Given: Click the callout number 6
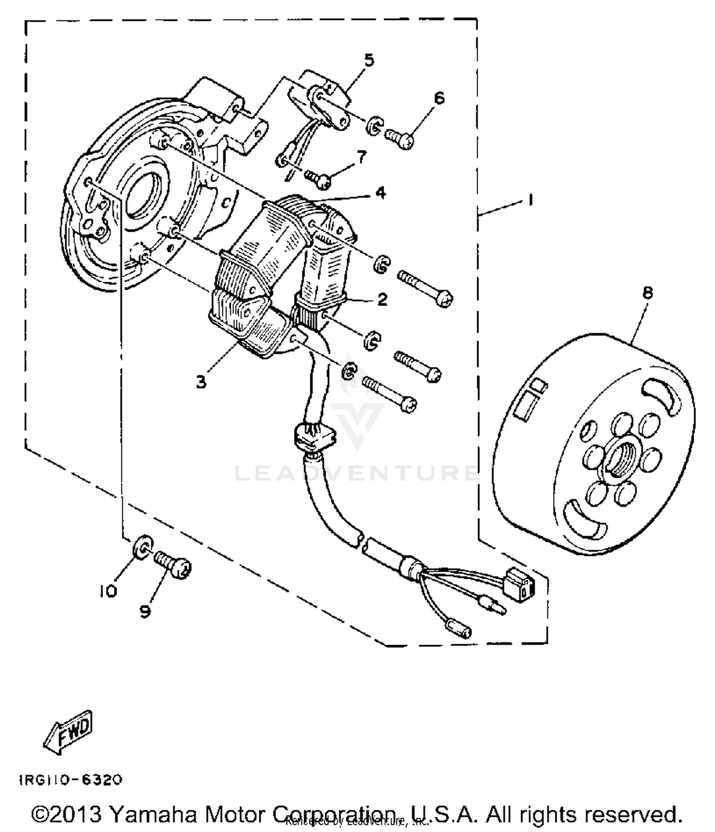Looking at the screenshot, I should coord(439,98).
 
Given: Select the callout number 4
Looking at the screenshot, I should coord(380,193).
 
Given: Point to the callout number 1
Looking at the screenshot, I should coord(530,200).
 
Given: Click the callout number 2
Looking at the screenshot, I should coord(382,299).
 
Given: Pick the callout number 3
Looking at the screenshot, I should coord(201,381).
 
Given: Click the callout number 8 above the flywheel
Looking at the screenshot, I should coord(647,293).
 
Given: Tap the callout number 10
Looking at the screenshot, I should coord(108,591).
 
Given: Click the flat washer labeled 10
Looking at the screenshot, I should coord(143,547).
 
